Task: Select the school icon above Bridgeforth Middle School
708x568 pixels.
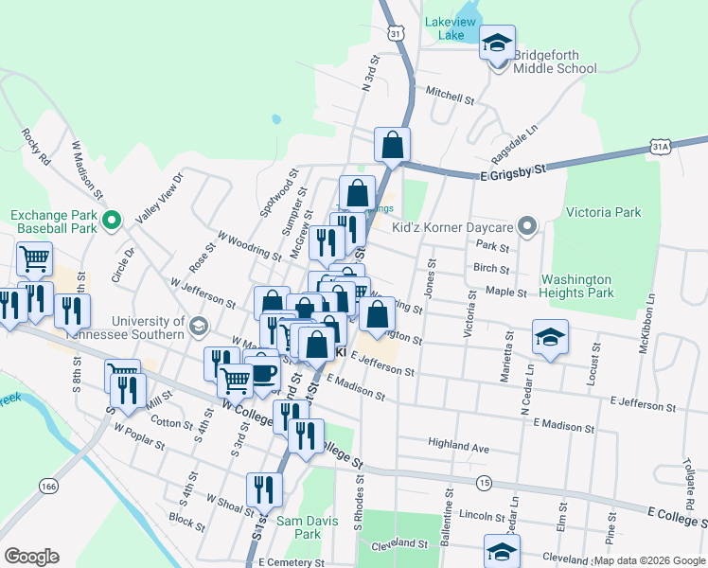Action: pyautogui.click(x=497, y=44)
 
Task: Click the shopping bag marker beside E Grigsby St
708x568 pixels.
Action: pyautogui.click(x=392, y=146)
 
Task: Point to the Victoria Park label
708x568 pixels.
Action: pyautogui.click(x=602, y=212)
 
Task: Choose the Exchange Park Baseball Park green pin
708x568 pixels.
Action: pyautogui.click(x=111, y=222)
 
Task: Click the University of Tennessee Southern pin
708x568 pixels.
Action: pyautogui.click(x=198, y=328)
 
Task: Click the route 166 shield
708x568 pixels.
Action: pyautogui.click(x=48, y=486)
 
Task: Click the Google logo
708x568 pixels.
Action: pyautogui.click(x=31, y=556)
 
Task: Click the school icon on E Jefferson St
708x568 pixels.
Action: pyautogui.click(x=549, y=338)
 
